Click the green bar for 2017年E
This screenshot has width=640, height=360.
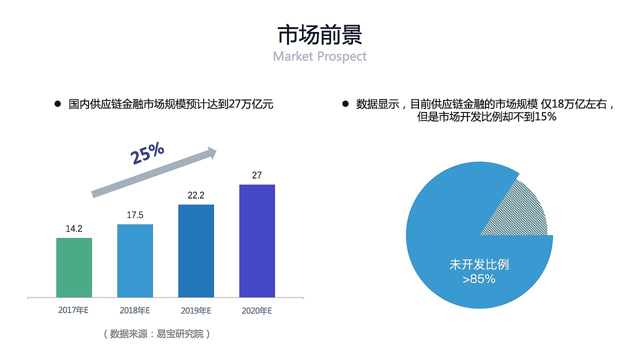pyautogui.click(x=74, y=267)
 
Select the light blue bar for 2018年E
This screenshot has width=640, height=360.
pyautogui.click(x=135, y=260)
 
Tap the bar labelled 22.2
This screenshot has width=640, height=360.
pyautogui.click(x=196, y=251)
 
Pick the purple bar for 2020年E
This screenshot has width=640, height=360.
pyautogui.click(x=257, y=241)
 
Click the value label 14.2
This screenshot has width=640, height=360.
pyautogui.click(x=74, y=229)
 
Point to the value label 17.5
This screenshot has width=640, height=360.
pyautogui.click(x=135, y=215)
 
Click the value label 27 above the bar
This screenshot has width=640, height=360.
pyautogui.click(x=257, y=175)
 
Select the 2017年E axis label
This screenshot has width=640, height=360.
pyautogui.click(x=73, y=310)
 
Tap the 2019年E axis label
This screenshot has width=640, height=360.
pyautogui.click(x=195, y=310)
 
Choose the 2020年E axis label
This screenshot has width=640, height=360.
pyautogui.click(x=256, y=310)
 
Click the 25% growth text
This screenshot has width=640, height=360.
pyautogui.click(x=147, y=153)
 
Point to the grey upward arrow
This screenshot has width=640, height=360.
pyautogui.click(x=155, y=173)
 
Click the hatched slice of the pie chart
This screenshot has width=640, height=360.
pyautogui.click(x=520, y=212)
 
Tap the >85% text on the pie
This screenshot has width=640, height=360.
pyautogui.click(x=479, y=279)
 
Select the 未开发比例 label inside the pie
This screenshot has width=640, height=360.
pyautogui.click(x=479, y=264)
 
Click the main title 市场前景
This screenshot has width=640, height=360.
pyautogui.click(x=320, y=35)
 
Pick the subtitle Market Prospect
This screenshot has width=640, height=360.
pyautogui.click(x=320, y=56)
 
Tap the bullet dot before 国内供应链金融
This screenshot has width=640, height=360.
pyautogui.click(x=57, y=104)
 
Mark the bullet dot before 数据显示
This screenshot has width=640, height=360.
pyautogui.click(x=345, y=104)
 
